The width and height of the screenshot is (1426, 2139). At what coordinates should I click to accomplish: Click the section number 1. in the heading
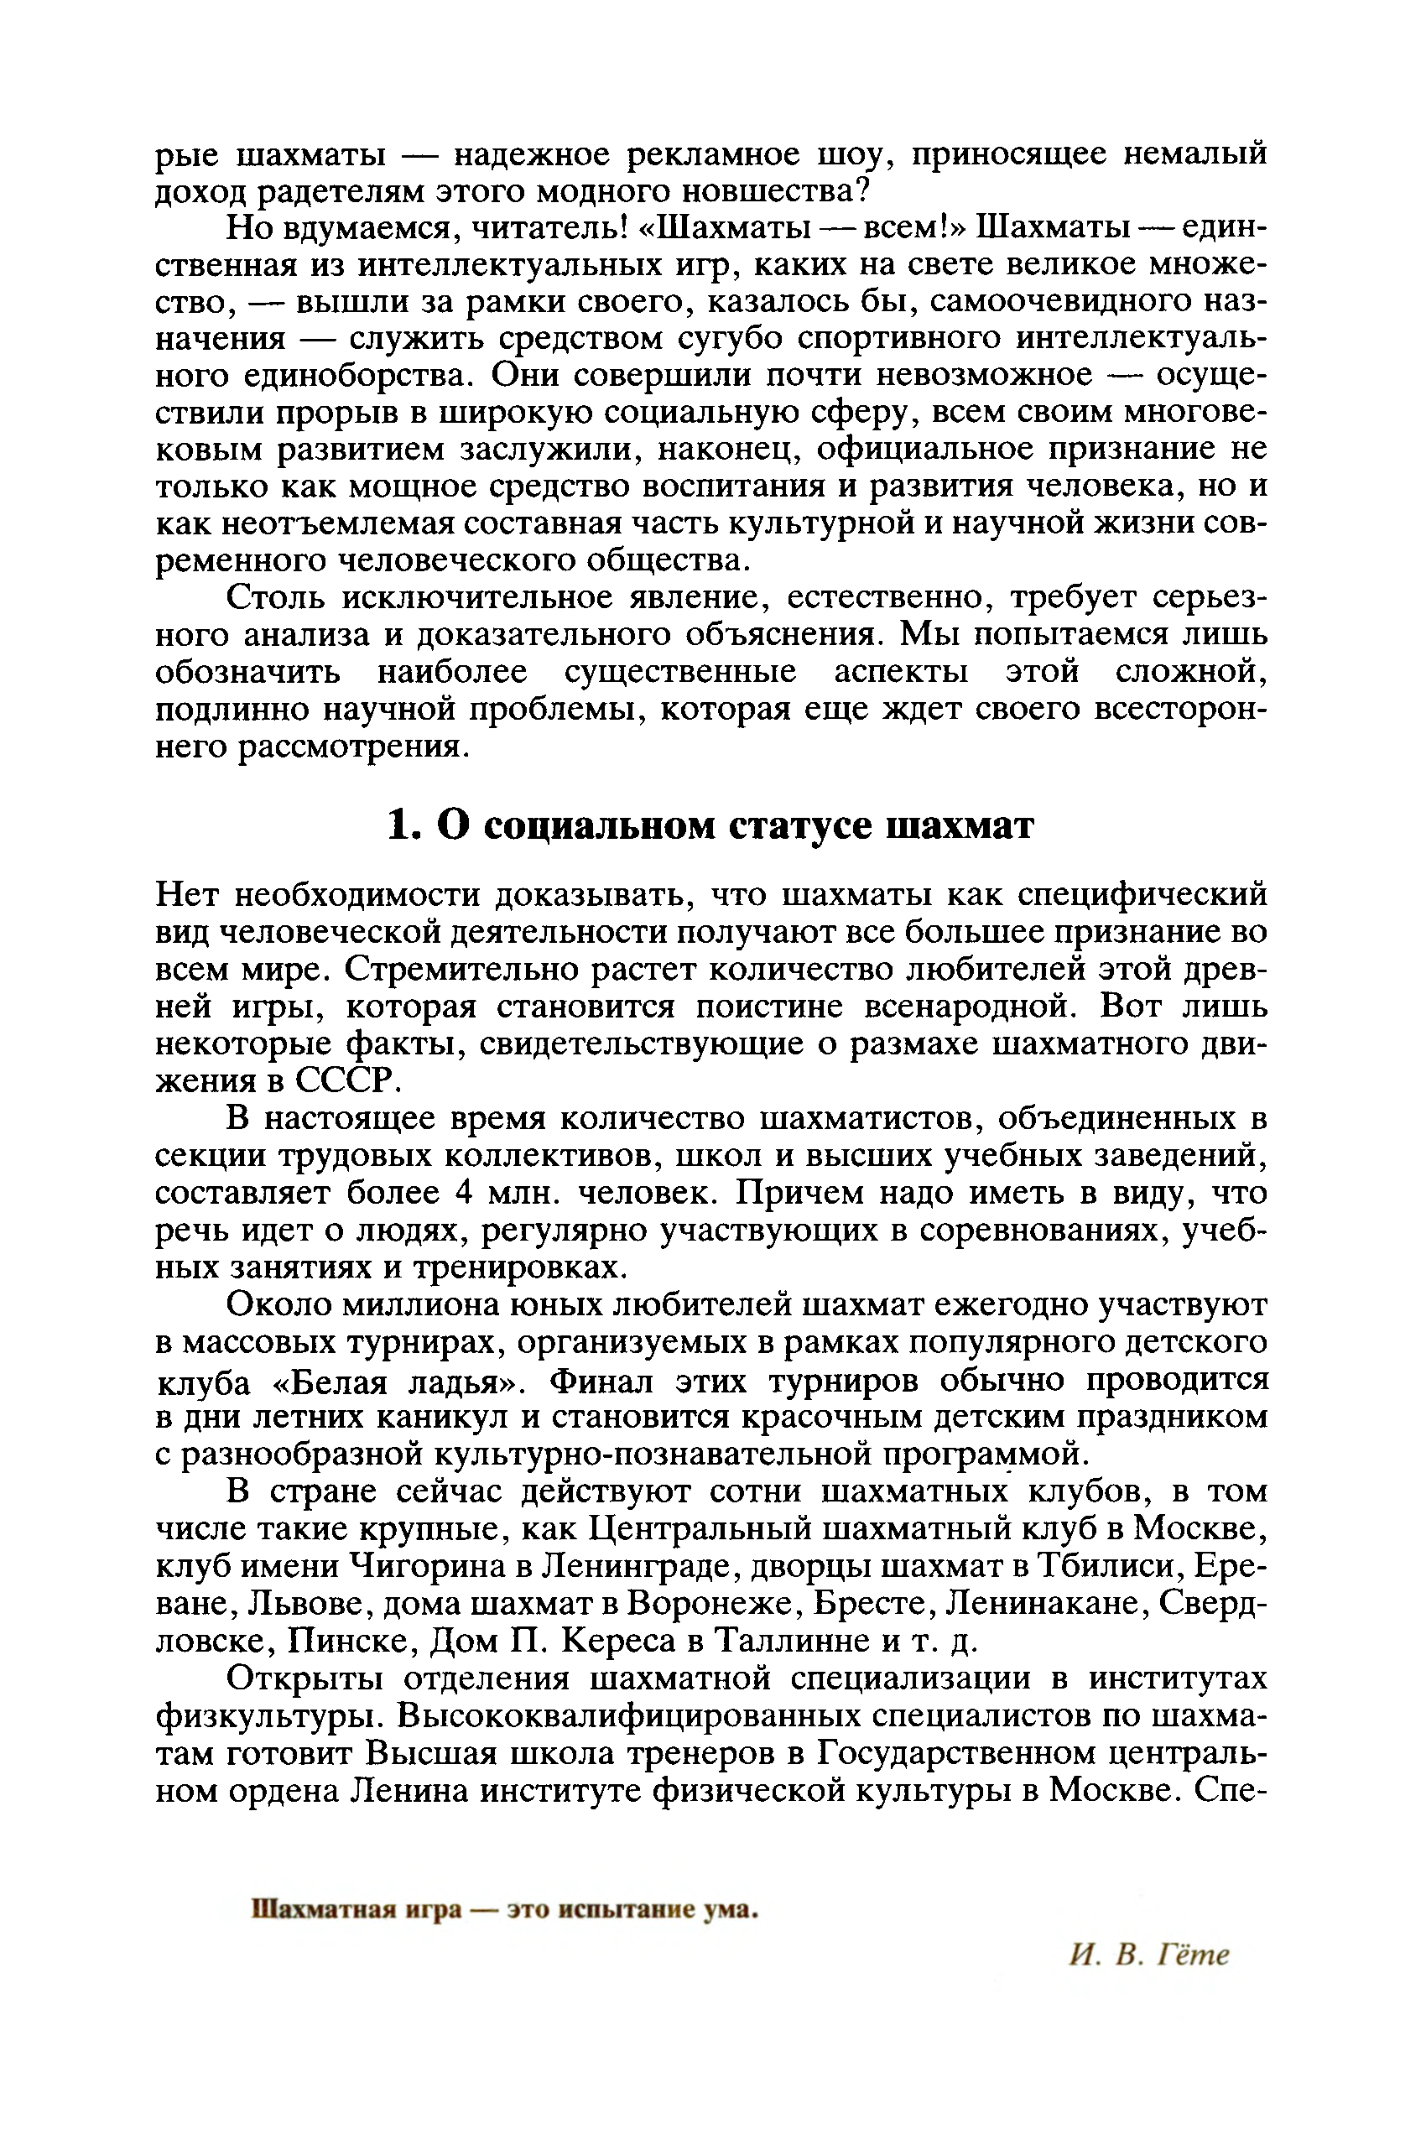[403, 825]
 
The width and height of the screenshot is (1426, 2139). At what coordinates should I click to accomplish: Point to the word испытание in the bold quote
[627, 1910]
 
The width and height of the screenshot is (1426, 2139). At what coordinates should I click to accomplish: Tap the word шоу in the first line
[850, 154]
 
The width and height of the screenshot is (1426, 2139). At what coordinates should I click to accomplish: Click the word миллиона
[419, 1305]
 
